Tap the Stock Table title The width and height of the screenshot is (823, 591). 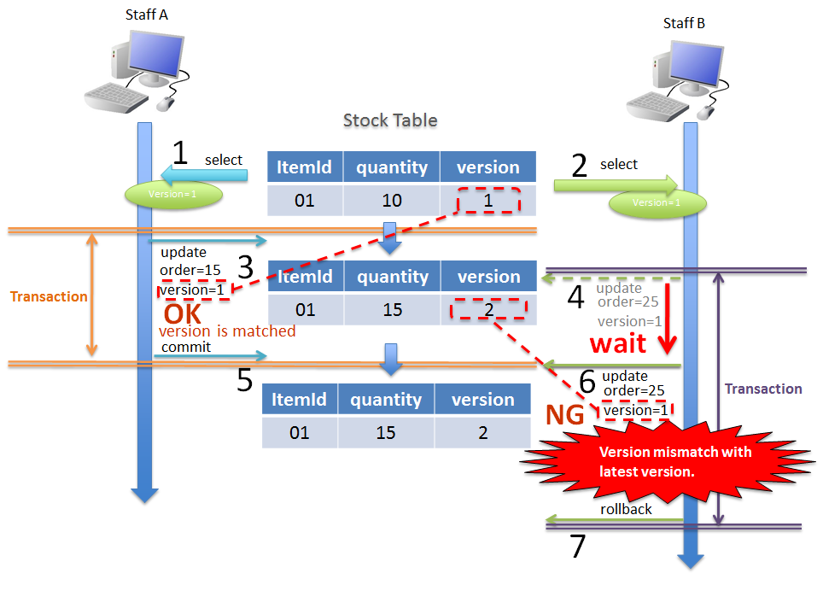point(390,120)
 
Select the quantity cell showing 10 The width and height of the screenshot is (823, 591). point(391,201)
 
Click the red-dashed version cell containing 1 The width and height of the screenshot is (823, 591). point(487,200)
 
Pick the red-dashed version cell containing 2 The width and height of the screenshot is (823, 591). point(487,309)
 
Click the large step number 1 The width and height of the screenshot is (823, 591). point(180,153)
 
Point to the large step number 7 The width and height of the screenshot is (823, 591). point(578,547)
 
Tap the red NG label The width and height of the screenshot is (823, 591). point(565,415)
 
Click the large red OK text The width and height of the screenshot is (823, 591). point(182,313)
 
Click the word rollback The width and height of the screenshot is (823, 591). point(626,509)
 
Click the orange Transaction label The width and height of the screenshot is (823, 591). point(49,297)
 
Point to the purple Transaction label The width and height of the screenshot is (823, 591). point(763,389)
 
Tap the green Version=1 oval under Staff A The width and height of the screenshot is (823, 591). point(174,194)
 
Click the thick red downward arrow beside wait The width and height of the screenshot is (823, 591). point(668,320)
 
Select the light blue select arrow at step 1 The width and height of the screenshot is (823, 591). point(205,176)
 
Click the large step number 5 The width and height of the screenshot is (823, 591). point(245,379)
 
